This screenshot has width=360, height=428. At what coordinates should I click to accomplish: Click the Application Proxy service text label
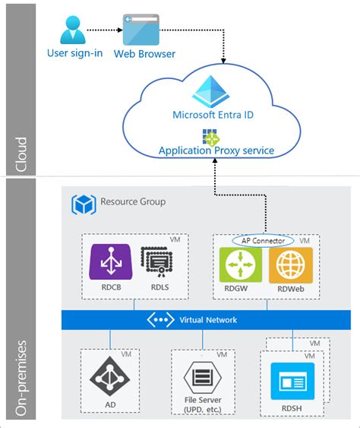(216, 151)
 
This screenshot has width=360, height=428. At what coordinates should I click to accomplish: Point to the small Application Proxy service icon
(210, 137)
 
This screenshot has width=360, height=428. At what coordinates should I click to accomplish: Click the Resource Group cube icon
(82, 204)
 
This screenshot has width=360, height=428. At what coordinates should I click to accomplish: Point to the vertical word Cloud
(21, 152)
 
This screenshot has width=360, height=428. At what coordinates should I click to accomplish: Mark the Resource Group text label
(133, 202)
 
